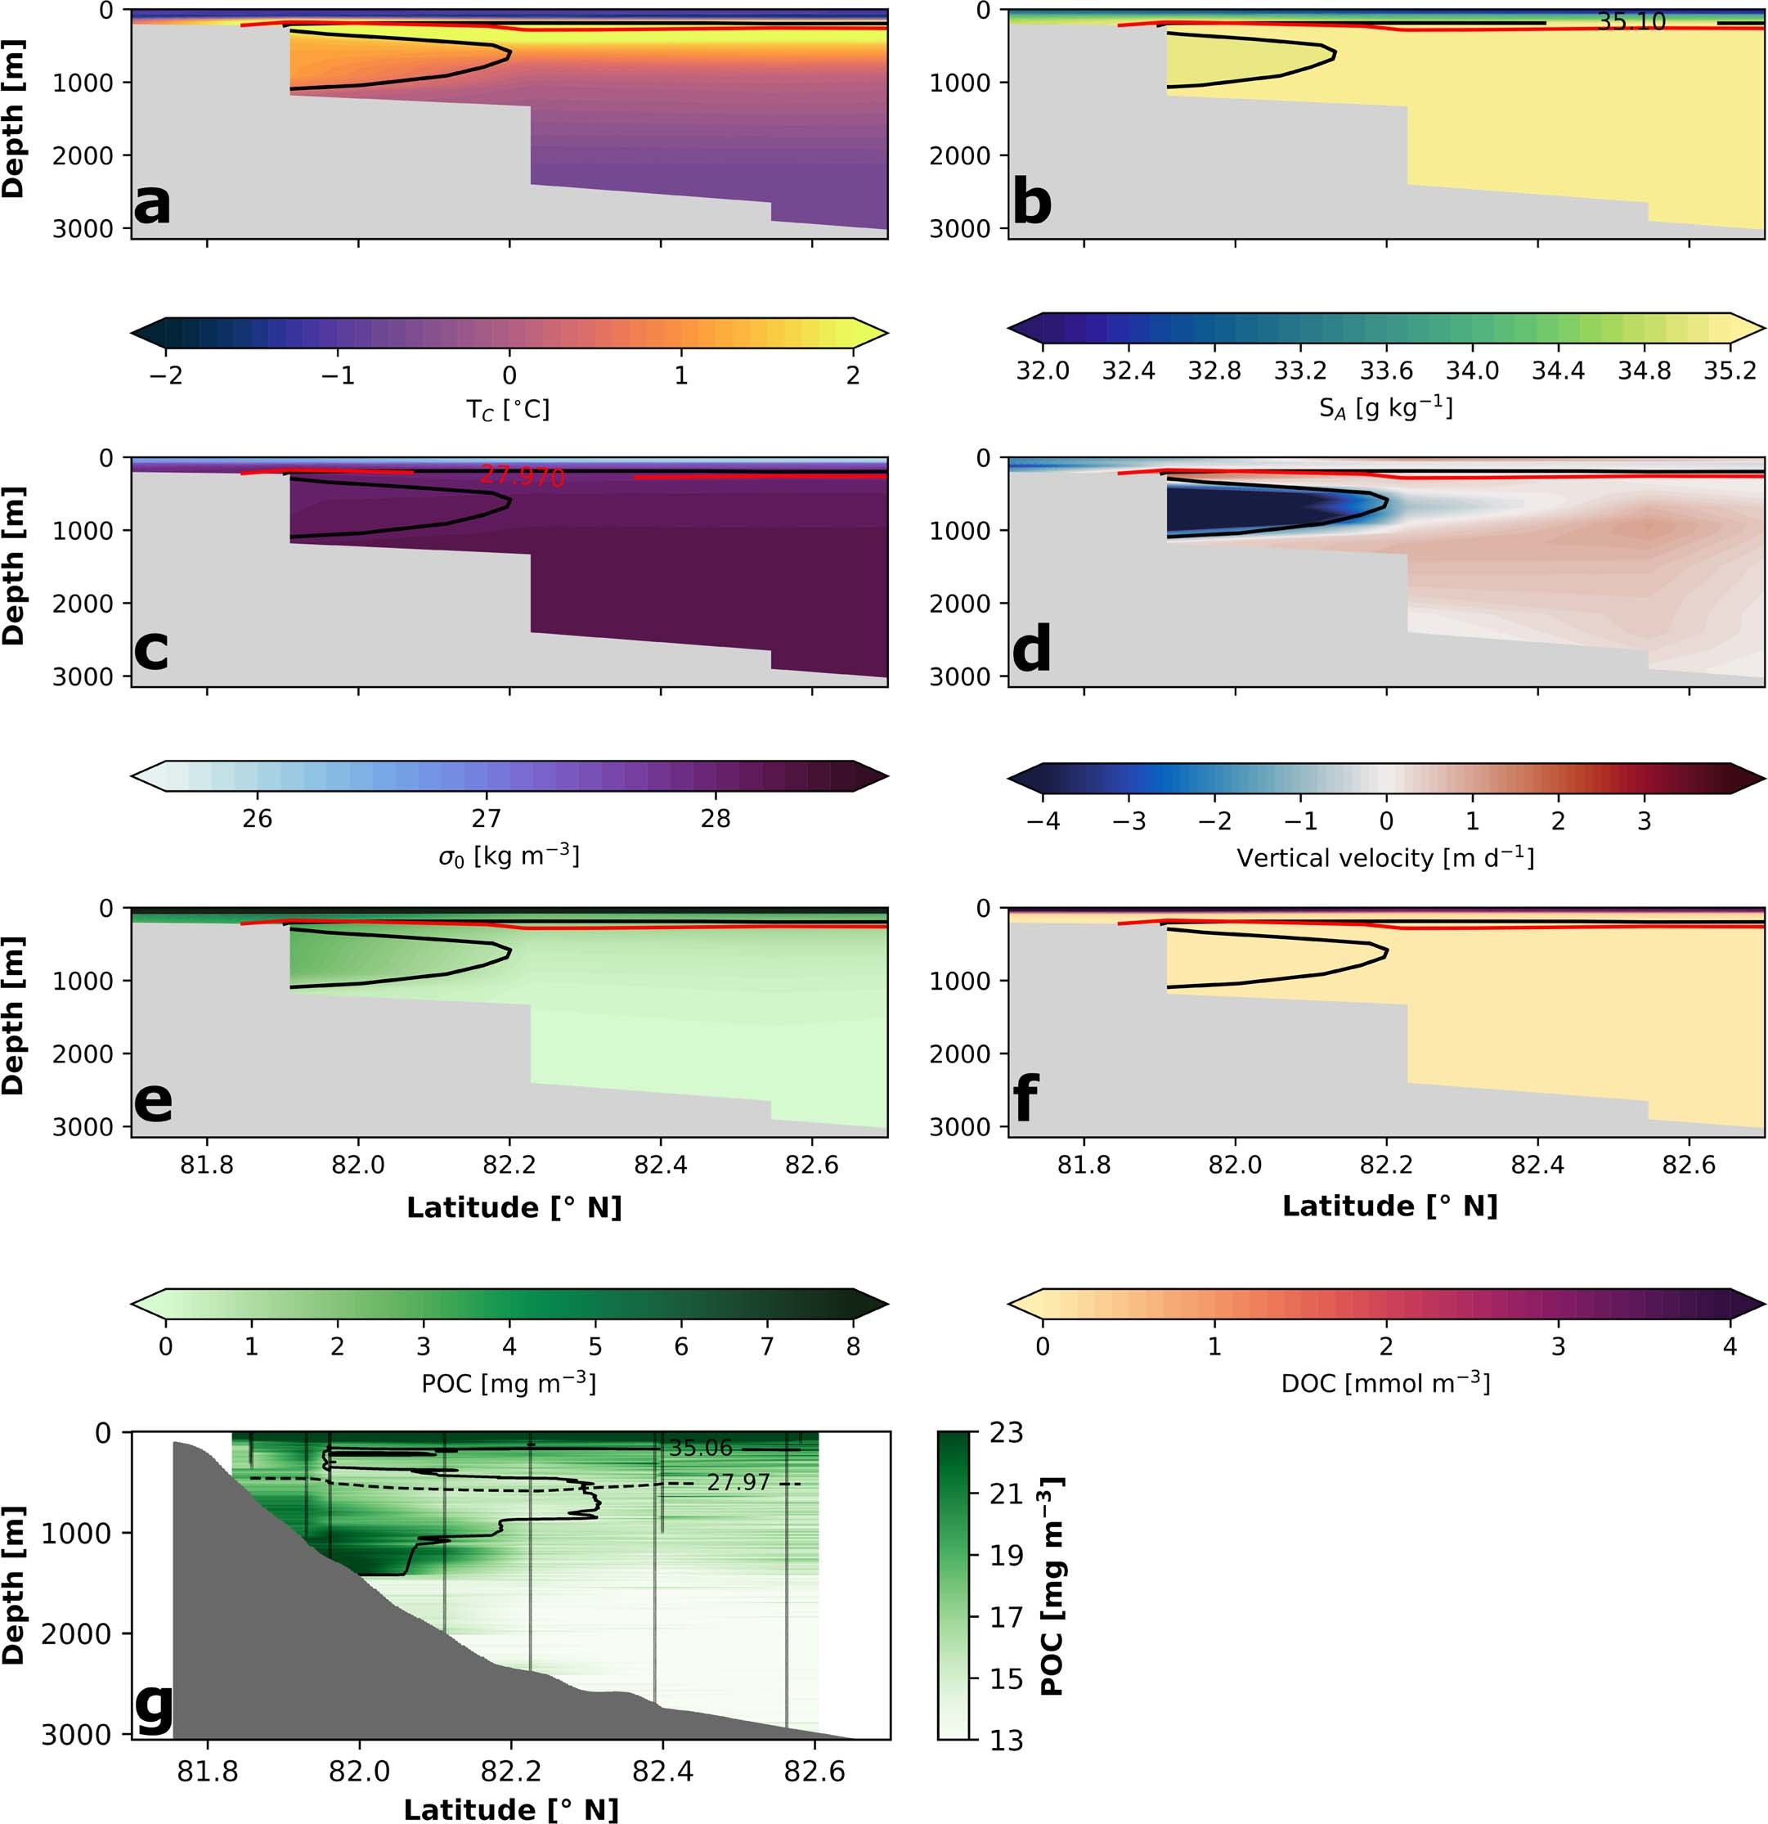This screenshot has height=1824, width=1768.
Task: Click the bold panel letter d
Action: (x=1031, y=649)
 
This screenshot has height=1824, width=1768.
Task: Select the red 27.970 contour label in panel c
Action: (x=522, y=477)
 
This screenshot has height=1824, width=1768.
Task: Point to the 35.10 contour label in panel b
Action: (x=1631, y=21)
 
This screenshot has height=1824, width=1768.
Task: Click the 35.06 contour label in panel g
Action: (x=701, y=1448)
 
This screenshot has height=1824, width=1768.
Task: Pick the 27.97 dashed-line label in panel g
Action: (x=738, y=1481)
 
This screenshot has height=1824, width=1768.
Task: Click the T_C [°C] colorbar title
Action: (x=508, y=408)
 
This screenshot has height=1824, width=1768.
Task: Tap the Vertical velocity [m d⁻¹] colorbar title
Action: (x=1384, y=857)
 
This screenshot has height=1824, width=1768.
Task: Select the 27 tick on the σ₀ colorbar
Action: (x=486, y=819)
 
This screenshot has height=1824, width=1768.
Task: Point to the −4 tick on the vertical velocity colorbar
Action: (x=1043, y=821)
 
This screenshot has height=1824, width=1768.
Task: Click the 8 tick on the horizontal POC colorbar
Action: (x=852, y=1346)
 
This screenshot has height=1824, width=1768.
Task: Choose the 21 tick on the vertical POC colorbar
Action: (x=1006, y=1494)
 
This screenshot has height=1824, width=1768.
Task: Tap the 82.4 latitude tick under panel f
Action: (x=1537, y=1165)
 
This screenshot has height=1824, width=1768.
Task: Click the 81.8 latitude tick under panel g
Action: (x=207, y=1770)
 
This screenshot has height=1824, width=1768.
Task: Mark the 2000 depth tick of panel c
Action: (x=82, y=603)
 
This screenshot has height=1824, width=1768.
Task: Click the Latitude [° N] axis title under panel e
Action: (x=514, y=1207)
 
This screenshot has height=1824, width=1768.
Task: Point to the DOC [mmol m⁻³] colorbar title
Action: (x=1384, y=1383)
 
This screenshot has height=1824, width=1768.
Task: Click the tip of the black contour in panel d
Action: (x=1388, y=502)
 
